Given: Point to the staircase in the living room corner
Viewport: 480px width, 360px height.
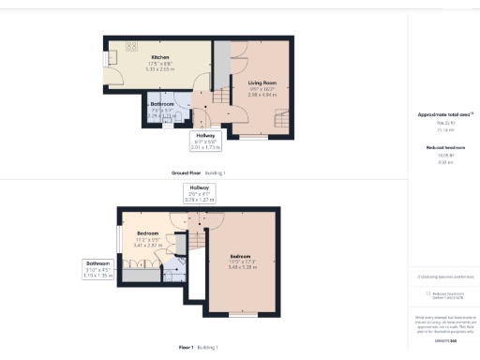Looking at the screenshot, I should tap(280, 118).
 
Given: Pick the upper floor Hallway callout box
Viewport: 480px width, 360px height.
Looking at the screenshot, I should tap(200, 194).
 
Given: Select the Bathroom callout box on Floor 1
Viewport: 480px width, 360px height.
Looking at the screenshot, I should tap(97, 270).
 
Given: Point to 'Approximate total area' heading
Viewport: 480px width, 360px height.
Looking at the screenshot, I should tap(443, 115).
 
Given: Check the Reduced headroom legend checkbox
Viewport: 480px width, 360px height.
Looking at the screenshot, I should tap(428, 292).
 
